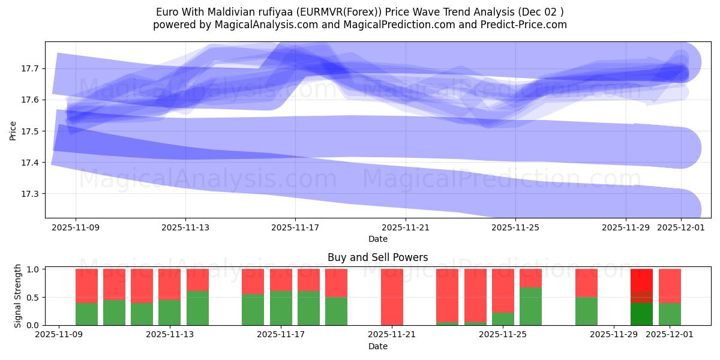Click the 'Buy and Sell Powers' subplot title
(x=377, y=257)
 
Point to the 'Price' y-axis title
(x=13, y=131)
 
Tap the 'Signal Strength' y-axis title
(x=18, y=296)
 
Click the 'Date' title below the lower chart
(x=377, y=346)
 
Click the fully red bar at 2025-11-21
(x=392, y=296)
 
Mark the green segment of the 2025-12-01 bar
(x=670, y=314)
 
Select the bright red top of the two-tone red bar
(x=641, y=280)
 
